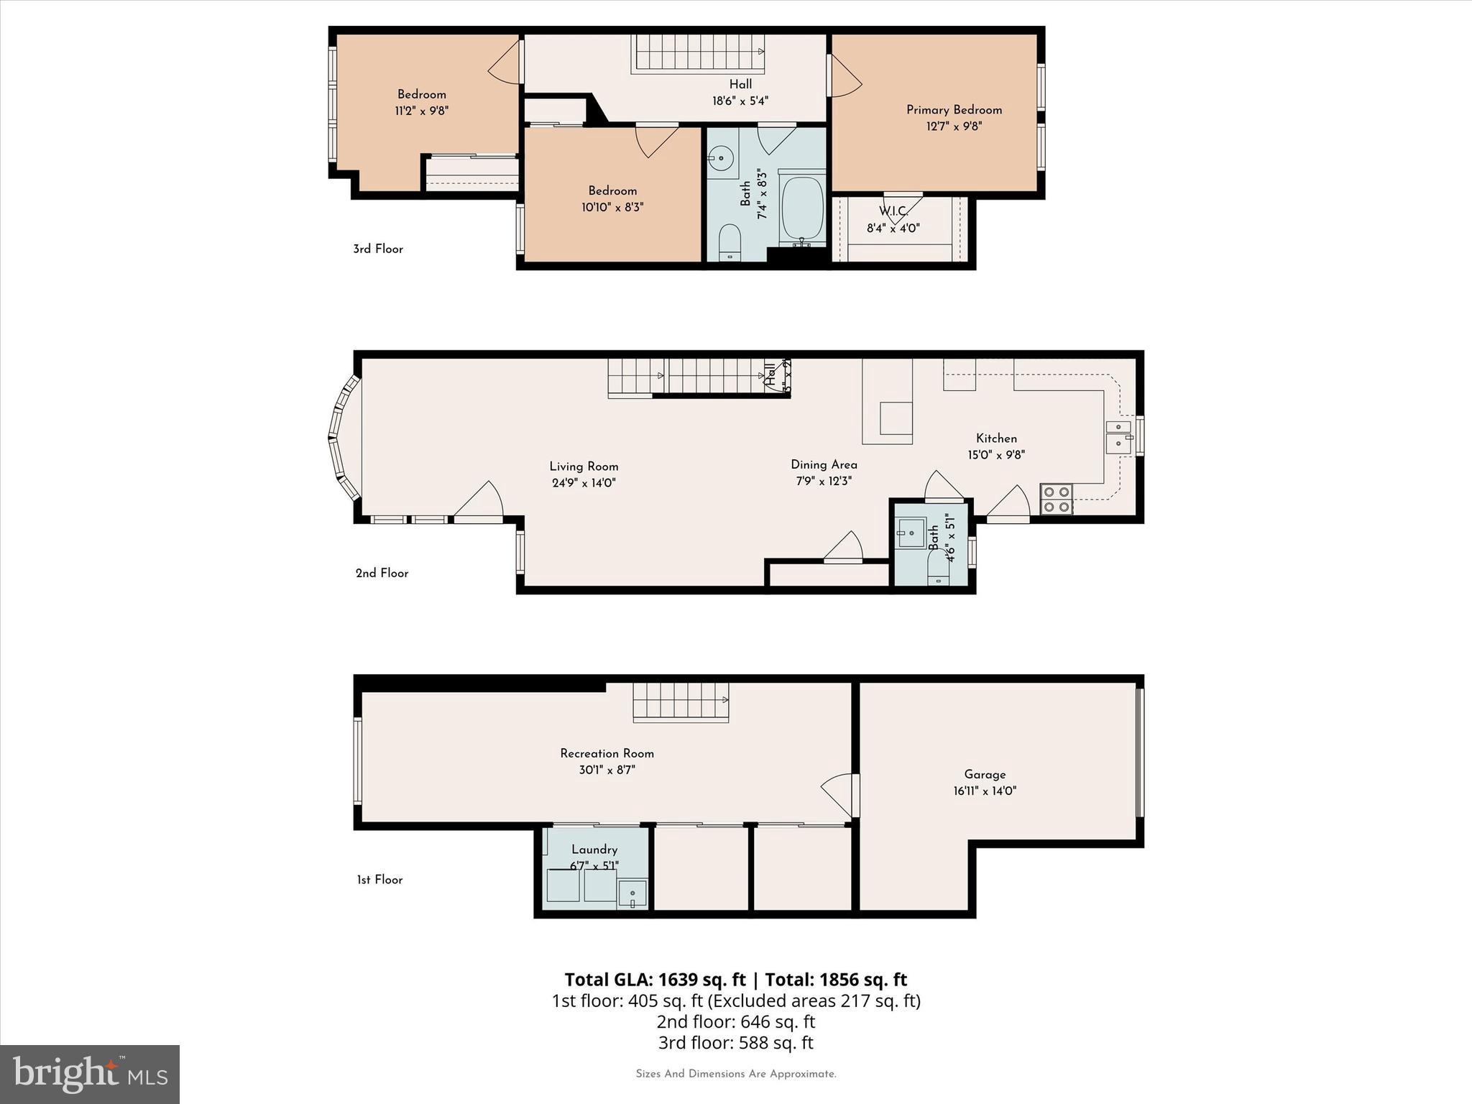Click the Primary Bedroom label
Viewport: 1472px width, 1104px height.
[x=954, y=110]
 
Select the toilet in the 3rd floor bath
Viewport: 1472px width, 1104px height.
[x=730, y=242]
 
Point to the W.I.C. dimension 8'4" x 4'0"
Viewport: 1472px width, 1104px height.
[x=893, y=229]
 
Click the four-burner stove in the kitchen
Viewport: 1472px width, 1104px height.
[x=1056, y=500]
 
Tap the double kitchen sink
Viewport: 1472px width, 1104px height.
[x=1118, y=436]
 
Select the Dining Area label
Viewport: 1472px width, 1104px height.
[x=824, y=465]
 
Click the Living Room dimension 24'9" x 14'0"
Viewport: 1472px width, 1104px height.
[x=584, y=483]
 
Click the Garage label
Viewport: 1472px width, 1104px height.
[x=985, y=774]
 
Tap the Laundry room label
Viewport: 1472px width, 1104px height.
[x=594, y=850]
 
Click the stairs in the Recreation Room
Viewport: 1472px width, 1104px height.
[x=680, y=701]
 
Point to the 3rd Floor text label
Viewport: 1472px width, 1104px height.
[x=378, y=249]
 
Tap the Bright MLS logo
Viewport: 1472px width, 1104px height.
[x=90, y=1075]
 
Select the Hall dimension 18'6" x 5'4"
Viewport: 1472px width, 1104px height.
[x=740, y=101]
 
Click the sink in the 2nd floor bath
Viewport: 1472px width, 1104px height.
[x=911, y=533]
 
